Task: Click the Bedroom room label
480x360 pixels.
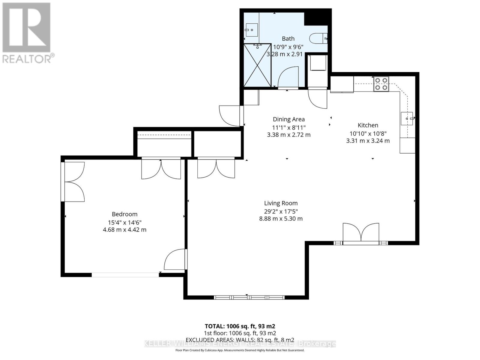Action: pos(124,214)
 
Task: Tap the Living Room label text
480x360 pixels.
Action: pos(281,203)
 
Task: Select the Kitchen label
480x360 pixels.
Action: pos(368,125)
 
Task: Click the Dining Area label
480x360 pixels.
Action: pos(289,119)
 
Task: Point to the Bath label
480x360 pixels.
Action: pos(288,39)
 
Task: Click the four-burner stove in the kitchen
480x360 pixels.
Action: pos(381,84)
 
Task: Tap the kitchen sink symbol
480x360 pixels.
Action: pos(407,118)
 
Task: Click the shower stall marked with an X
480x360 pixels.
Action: pos(257,65)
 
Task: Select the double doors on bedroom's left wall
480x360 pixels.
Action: pos(73,182)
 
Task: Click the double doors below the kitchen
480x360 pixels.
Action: pos(361,233)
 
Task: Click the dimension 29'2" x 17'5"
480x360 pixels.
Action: pos(281,211)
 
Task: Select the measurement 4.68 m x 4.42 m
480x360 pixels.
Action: pos(124,230)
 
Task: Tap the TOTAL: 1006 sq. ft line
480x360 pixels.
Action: pos(240,326)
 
